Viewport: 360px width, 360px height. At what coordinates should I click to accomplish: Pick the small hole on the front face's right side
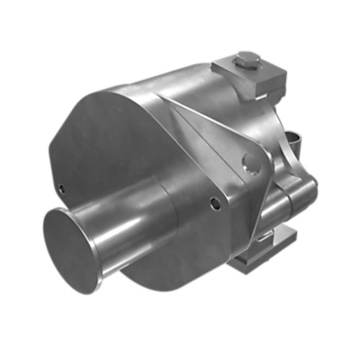(x=214, y=203)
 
